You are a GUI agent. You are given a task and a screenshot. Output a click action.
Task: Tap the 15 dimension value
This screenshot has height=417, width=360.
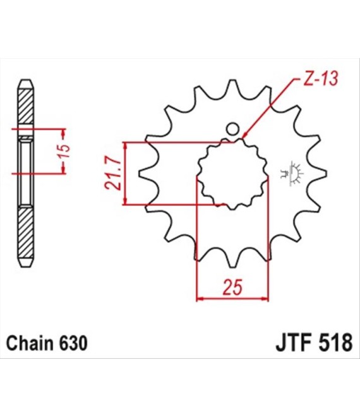coord(64,151)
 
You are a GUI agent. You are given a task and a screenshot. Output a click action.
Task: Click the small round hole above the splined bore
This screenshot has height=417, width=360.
coord(232,130)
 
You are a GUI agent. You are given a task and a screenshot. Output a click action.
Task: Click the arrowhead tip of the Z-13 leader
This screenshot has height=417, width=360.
coord(243,138)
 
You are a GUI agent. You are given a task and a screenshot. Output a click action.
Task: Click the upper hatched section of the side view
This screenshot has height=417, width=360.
coord(26,106)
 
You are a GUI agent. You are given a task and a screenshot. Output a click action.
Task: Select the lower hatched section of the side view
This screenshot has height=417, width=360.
coord(26,233)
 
